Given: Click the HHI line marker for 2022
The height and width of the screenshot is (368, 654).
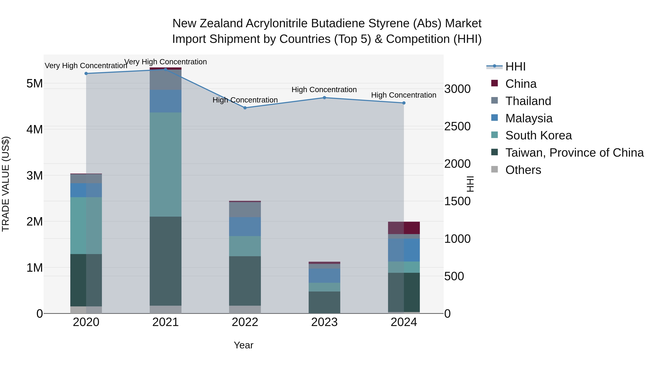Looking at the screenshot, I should click(x=245, y=108).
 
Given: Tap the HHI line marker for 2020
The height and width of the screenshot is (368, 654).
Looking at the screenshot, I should click(x=86, y=74).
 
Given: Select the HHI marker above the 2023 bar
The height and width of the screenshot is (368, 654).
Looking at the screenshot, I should click(x=324, y=98).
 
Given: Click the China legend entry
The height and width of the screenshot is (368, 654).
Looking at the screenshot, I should click(x=521, y=84).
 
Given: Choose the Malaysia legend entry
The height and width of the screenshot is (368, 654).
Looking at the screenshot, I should click(x=529, y=118).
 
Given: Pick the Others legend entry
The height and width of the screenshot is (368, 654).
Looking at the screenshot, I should click(x=523, y=170).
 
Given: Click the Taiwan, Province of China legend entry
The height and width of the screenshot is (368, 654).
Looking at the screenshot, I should click(x=574, y=153).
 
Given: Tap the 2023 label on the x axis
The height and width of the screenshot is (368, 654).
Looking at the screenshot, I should click(x=324, y=322).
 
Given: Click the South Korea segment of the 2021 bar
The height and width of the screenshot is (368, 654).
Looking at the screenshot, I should click(x=165, y=165).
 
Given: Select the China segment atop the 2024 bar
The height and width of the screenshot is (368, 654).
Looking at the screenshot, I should click(x=404, y=228).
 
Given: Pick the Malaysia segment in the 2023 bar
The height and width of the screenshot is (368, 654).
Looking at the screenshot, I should click(x=324, y=276).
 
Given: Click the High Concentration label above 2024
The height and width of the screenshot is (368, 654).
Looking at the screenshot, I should click(x=404, y=95).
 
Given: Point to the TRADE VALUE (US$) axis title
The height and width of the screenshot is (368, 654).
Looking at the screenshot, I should click(x=6, y=184).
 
